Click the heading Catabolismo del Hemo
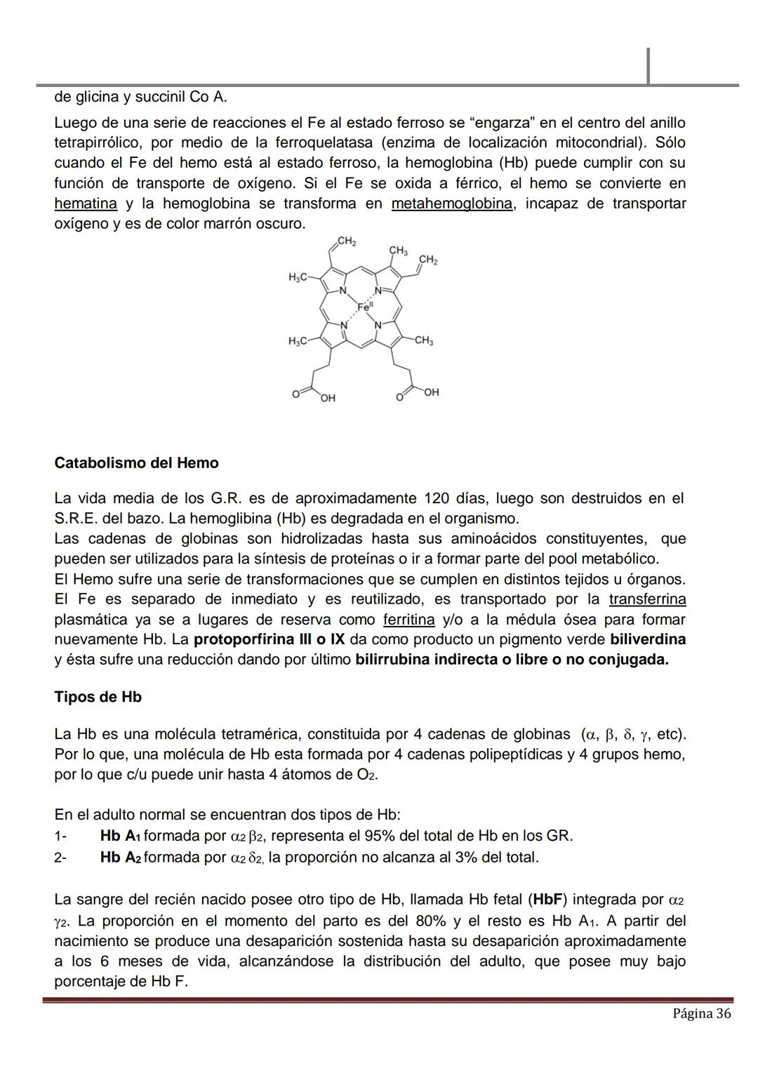coord(136,463)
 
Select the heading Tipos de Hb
coord(98,697)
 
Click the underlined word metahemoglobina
coord(452,204)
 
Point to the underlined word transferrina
coord(647,599)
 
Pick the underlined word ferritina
coord(408,620)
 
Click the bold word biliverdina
coord(648,640)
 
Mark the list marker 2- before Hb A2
coord(60,858)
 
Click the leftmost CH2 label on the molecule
coord(346,241)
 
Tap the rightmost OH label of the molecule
coord(431,392)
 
